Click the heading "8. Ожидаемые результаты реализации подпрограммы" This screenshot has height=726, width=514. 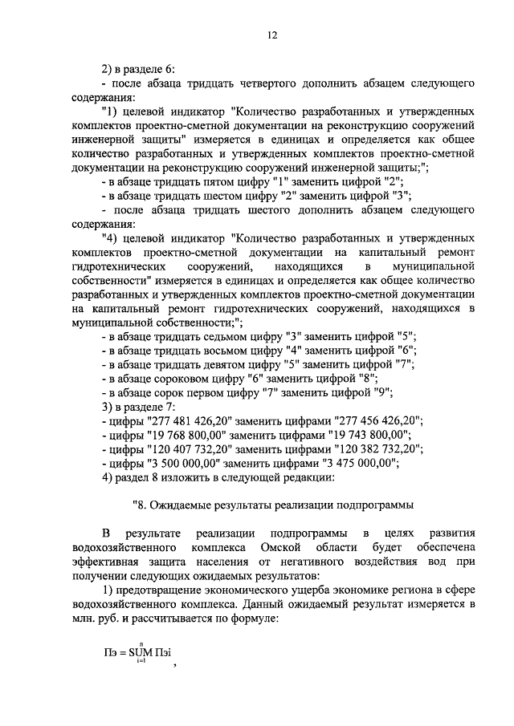tap(272, 505)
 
